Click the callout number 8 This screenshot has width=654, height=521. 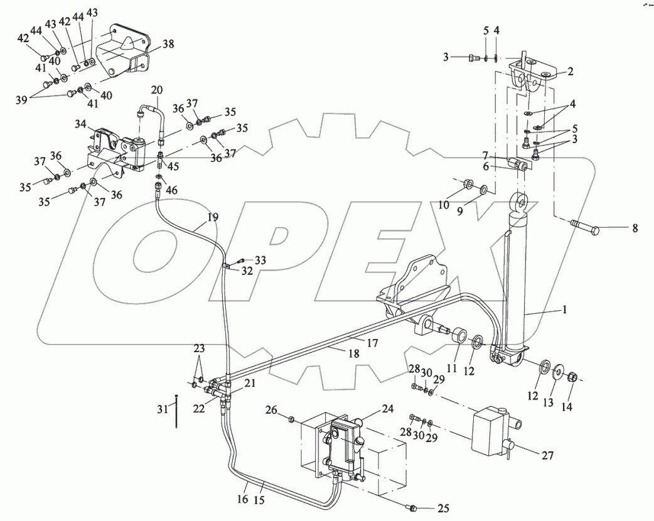tap(635, 228)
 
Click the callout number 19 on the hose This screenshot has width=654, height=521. tap(213, 218)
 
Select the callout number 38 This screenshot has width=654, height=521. tap(168, 44)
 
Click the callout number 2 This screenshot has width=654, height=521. tap(570, 72)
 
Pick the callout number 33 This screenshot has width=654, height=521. tap(260, 259)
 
